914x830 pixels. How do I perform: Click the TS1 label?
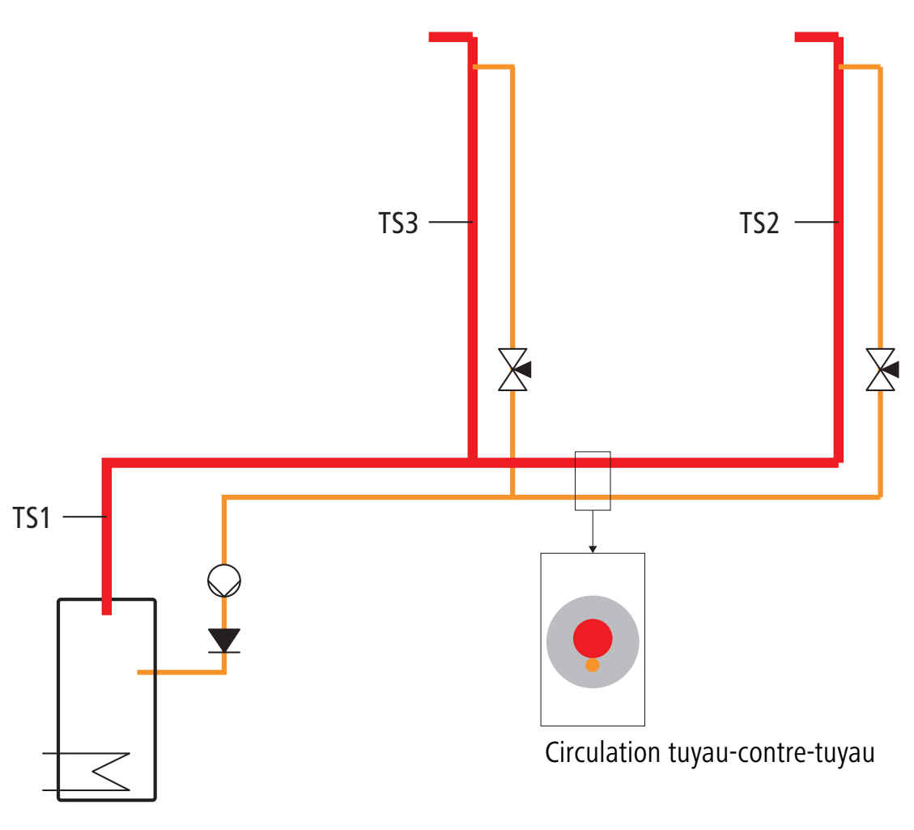pos(32,517)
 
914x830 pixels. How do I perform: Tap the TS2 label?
pos(759,223)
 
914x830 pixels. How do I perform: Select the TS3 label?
pos(398,223)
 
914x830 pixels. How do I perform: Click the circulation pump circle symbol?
pos(224,581)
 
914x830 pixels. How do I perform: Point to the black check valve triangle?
pos(224,640)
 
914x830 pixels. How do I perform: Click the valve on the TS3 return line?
pos(513,369)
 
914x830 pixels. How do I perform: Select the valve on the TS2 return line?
pos(882,369)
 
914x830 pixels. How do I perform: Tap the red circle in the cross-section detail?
pos(593,638)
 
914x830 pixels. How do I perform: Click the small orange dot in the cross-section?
pos(593,665)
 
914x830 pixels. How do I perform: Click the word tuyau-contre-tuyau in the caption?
pos(772,753)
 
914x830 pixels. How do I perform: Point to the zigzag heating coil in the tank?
pos(111,772)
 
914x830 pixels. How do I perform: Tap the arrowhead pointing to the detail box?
pos(593,549)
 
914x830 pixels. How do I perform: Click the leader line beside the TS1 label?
pos(84,517)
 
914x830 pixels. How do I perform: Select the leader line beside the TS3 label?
pos(450,222)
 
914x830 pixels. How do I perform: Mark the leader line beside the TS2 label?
pos(816,222)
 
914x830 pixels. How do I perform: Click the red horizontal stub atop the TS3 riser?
pos(450,37)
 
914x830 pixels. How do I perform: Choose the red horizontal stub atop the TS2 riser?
pos(816,37)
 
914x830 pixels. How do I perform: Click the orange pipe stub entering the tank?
pos(181,672)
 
